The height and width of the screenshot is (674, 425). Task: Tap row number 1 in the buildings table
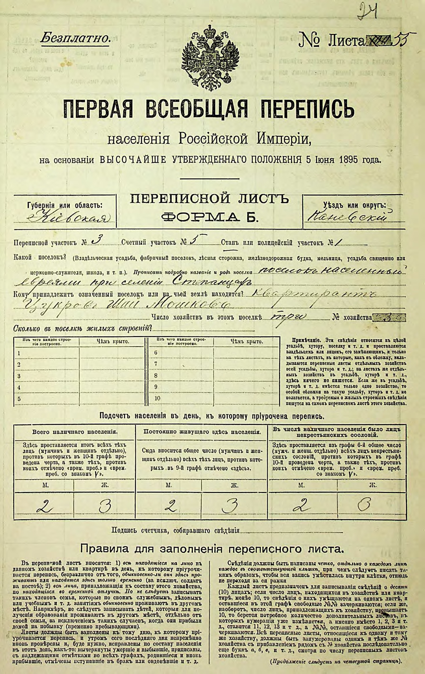point(19,353)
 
